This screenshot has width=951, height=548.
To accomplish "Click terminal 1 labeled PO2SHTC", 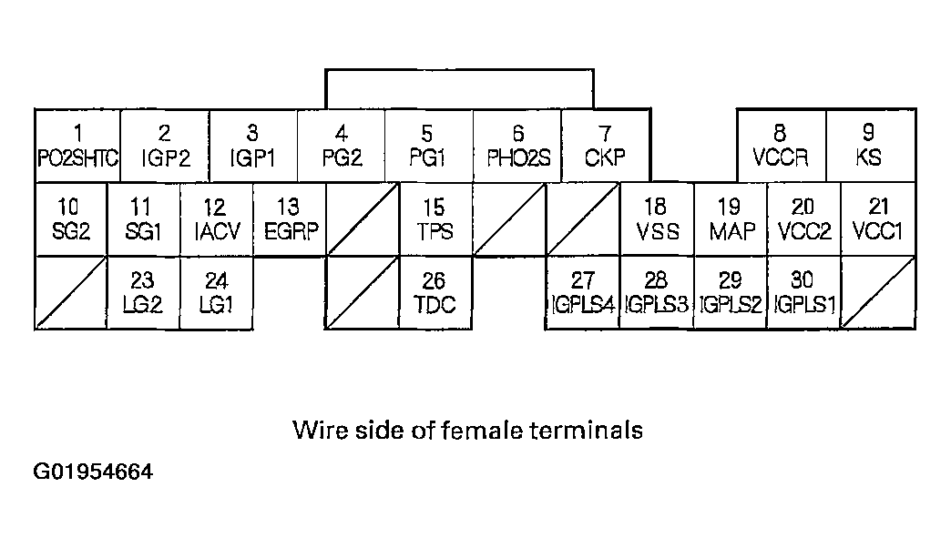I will pyautogui.click(x=77, y=146).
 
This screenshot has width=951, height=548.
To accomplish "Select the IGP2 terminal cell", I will pyautogui.click(x=165, y=146).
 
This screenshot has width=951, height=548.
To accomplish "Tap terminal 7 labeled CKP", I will pyautogui.click(x=605, y=146).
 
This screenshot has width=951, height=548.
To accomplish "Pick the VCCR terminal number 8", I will pyautogui.click(x=781, y=146).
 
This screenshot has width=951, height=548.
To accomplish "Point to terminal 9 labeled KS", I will pyautogui.click(x=870, y=146).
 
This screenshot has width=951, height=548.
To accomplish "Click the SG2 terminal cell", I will pyautogui.click(x=71, y=219).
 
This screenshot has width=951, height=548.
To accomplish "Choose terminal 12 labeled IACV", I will pyautogui.click(x=217, y=219).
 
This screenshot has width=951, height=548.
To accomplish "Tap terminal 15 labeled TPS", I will pyautogui.click(x=435, y=219).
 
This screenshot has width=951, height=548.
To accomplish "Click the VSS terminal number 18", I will pyautogui.click(x=656, y=219).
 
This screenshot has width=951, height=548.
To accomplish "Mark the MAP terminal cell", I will pyautogui.click(x=731, y=219).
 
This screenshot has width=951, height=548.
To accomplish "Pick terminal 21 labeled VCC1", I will pyautogui.click(x=877, y=219).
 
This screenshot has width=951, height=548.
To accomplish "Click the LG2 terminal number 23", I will pyautogui.click(x=143, y=292).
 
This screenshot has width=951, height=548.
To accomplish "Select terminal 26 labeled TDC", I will pyautogui.click(x=435, y=292).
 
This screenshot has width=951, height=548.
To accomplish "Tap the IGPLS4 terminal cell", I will pyautogui.click(x=582, y=292).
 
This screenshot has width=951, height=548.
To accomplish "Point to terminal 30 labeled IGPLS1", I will pyautogui.click(x=803, y=292).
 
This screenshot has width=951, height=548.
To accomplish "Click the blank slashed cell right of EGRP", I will pyautogui.click(x=363, y=219).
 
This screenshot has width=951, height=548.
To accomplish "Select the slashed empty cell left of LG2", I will pyautogui.click(x=71, y=292).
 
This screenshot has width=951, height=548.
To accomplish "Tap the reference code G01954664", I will pyautogui.click(x=94, y=472).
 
